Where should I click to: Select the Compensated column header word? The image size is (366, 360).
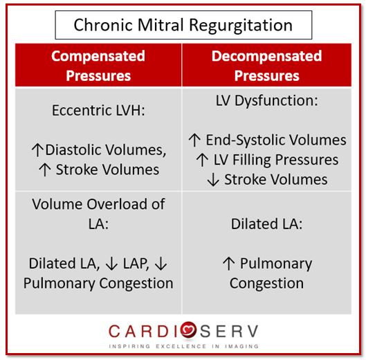click(x=98, y=57)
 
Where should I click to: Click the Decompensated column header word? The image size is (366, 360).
click(x=267, y=57)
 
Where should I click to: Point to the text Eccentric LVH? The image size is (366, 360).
click(x=98, y=110)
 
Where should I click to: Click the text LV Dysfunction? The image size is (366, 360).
click(x=266, y=101)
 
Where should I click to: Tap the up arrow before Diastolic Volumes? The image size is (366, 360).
click(x=37, y=150)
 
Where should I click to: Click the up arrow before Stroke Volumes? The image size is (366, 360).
click(x=45, y=170)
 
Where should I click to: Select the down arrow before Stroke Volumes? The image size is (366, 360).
click(x=213, y=179)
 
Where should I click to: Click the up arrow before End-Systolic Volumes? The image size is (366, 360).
click(x=194, y=140)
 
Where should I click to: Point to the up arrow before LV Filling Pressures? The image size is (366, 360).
click(x=202, y=160)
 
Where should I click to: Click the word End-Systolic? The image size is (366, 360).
click(x=246, y=141)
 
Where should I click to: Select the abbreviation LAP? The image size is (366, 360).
click(x=136, y=264)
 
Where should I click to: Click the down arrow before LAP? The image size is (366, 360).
click(x=111, y=264)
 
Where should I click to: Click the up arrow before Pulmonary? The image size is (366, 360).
click(x=228, y=264)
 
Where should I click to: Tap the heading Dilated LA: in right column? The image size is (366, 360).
click(x=266, y=224)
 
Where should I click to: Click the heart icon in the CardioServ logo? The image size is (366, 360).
click(x=188, y=330)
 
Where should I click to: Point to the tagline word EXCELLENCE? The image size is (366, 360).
click(x=181, y=346)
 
